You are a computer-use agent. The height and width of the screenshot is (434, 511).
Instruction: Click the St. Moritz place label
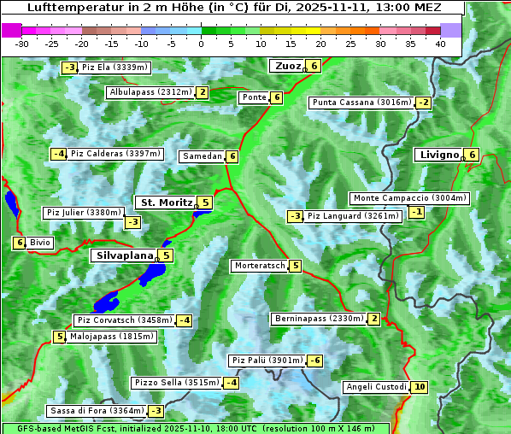166,202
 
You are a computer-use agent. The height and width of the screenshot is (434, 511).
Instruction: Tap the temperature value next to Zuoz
314,66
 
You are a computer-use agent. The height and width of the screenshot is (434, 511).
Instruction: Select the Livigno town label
438,155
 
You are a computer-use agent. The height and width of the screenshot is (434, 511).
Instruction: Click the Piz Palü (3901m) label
266,361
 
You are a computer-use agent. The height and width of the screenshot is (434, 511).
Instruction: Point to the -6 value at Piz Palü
315,361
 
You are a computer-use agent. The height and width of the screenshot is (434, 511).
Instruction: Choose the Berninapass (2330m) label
319,319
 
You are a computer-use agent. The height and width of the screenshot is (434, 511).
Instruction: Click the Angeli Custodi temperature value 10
419,387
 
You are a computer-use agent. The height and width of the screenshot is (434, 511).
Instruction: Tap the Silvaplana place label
124,255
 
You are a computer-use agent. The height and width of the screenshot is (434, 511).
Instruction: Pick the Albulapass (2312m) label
150,92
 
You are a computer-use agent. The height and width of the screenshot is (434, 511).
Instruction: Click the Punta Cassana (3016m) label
361,103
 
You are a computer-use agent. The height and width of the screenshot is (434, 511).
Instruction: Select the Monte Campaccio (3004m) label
409,198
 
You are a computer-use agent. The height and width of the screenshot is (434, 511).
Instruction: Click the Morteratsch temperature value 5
296,266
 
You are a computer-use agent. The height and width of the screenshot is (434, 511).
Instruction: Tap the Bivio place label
40,243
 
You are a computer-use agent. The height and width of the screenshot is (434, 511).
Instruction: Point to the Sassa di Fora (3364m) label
94,411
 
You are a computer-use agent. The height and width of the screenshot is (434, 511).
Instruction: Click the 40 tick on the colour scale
440,43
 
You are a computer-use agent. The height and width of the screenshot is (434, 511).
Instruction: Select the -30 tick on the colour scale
22,43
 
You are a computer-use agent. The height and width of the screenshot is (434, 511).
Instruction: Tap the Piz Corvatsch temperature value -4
184,320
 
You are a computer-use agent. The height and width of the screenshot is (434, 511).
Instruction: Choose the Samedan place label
202,156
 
